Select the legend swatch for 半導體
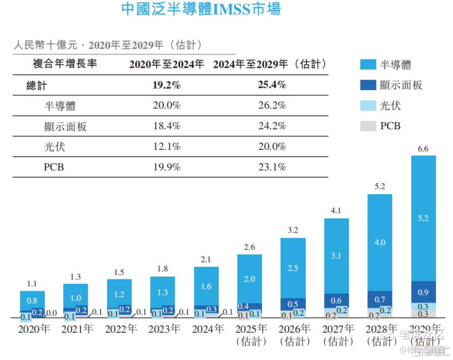[368, 65]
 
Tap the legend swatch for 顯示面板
[368, 85]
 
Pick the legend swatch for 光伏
[368, 106]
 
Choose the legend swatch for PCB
[368, 126]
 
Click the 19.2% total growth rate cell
[166, 86]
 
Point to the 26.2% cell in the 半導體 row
[272, 106]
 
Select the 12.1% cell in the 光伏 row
[166, 147]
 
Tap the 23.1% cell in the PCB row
[272, 167]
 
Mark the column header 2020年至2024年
[166, 64]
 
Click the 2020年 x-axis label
[33, 329]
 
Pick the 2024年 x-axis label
[207, 329]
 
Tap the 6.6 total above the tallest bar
[424, 149]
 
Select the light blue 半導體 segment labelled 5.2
[424, 218]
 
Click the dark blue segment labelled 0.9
[424, 292]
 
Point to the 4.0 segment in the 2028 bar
[380, 242]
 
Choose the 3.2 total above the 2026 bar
[293, 230]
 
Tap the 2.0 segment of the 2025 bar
[249, 279]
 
